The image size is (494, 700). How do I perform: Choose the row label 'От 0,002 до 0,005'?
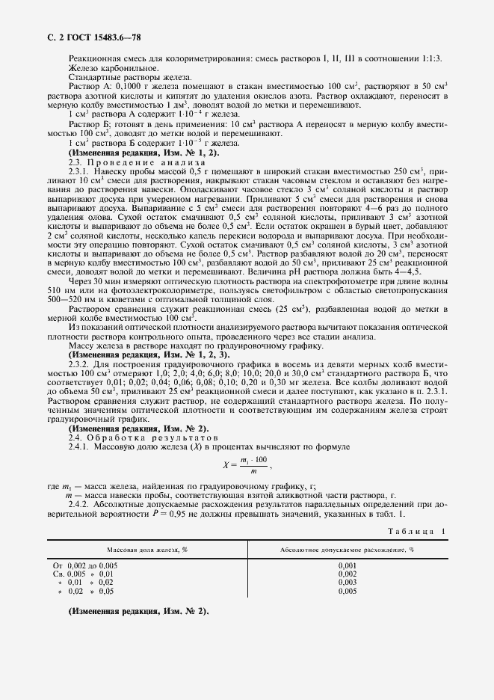[x=85, y=565]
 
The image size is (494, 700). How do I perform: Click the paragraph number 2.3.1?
[x=78, y=171]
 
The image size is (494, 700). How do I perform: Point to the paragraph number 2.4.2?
[x=78, y=503]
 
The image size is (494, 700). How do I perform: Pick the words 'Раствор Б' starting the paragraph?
[x=86, y=123]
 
